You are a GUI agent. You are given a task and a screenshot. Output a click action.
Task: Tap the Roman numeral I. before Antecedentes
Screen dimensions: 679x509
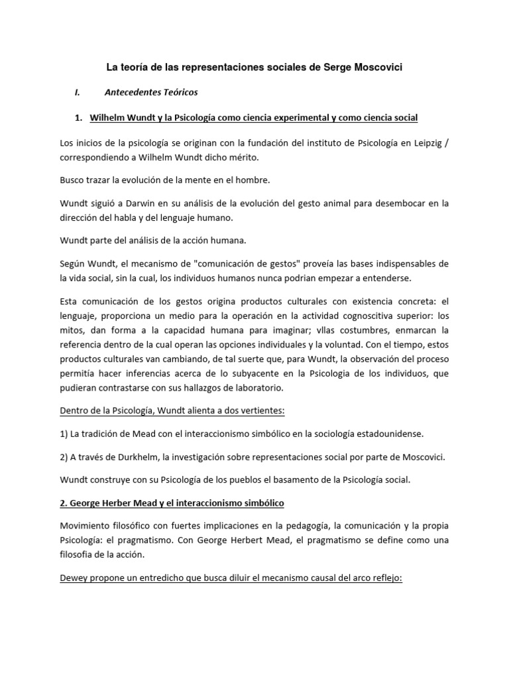click(x=78, y=92)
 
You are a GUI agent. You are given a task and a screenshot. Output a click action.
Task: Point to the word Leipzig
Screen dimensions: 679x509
click(x=424, y=143)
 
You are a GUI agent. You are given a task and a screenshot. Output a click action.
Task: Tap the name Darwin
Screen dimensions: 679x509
click(x=156, y=204)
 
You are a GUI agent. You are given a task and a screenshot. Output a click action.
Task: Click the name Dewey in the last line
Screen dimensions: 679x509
click(x=74, y=578)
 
